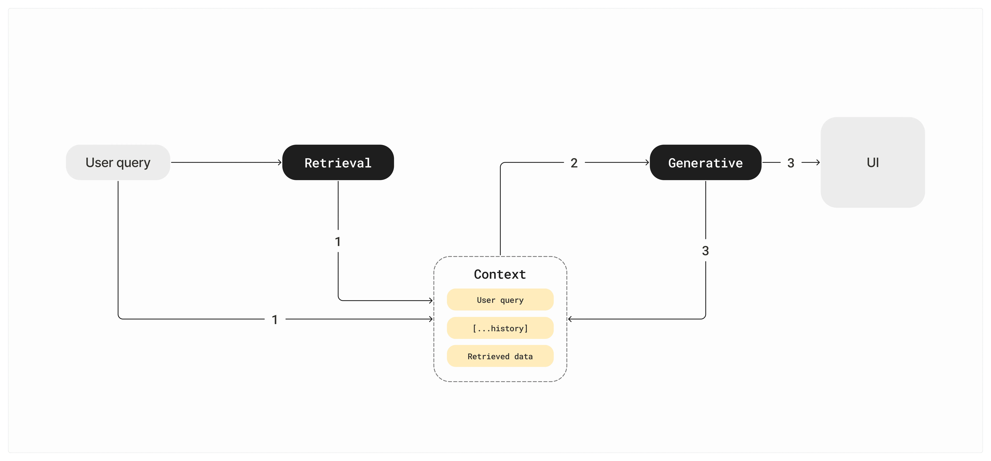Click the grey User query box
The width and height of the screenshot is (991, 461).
118,162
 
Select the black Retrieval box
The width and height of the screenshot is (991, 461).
338,162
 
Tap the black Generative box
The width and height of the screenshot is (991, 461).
705,162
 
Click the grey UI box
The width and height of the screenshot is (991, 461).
873,162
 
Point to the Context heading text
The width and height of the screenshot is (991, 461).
500,274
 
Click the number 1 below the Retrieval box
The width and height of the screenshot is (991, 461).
338,242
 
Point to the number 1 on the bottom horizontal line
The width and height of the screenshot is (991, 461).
275,319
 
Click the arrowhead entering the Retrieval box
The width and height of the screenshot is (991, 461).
280,162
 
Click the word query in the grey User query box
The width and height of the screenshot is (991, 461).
133,163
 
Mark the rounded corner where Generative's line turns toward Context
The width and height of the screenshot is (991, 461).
704,317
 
